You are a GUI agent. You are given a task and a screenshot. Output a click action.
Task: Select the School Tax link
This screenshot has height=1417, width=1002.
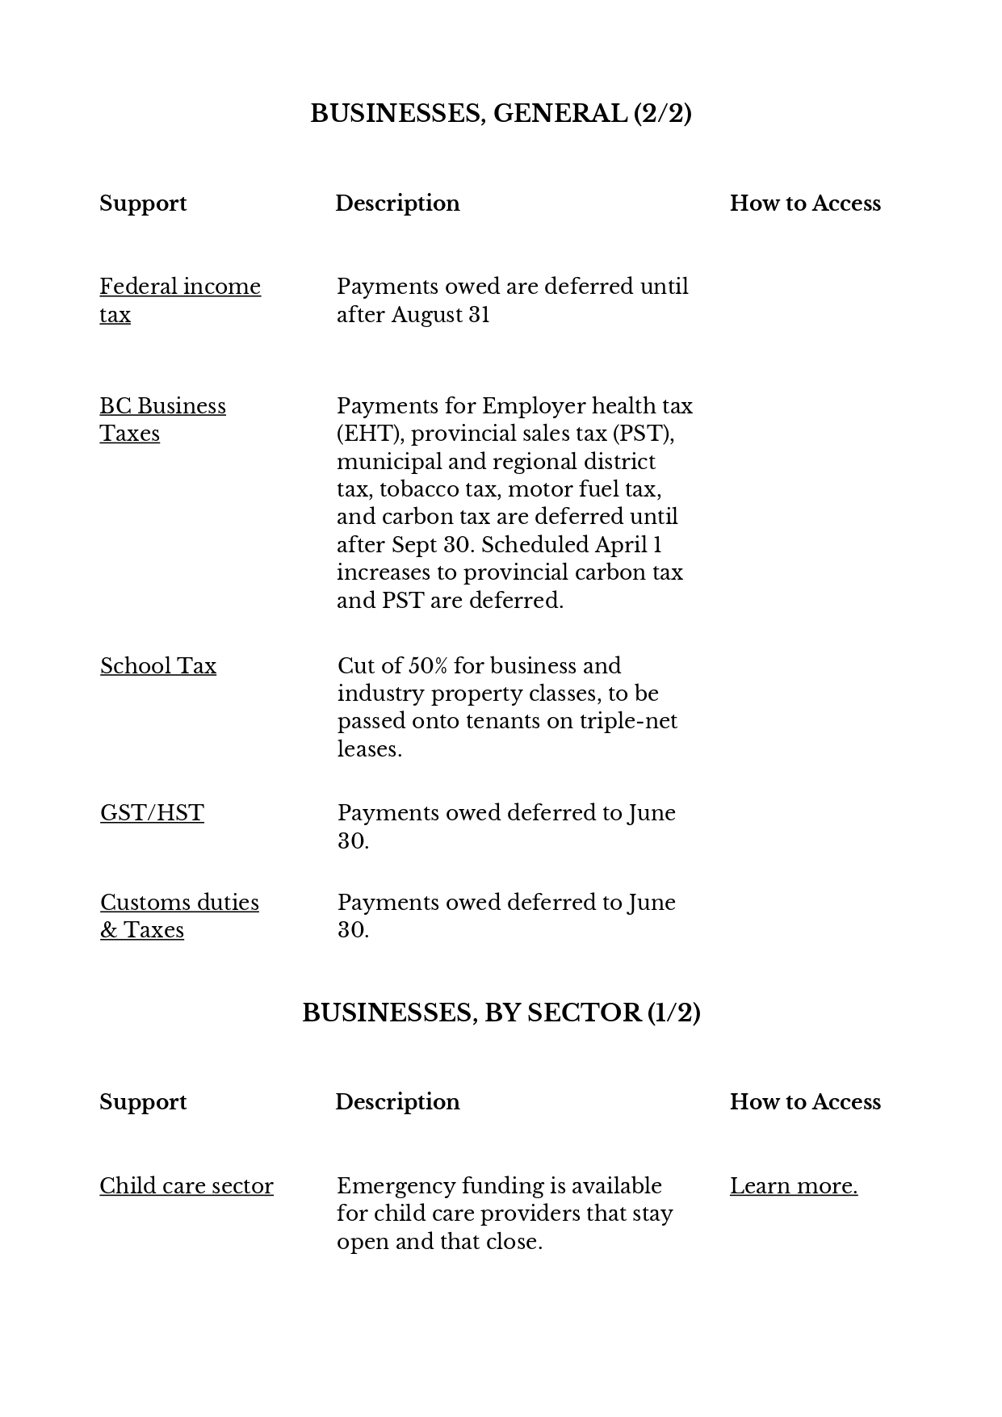pyautogui.click(x=158, y=666)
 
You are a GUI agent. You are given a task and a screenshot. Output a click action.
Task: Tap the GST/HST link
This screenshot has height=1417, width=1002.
pyautogui.click(x=152, y=813)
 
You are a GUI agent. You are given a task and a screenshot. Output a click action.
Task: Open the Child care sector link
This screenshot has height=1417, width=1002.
pyautogui.click(x=187, y=1186)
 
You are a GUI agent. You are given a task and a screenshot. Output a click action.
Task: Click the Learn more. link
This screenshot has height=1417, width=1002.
pyautogui.click(x=794, y=1186)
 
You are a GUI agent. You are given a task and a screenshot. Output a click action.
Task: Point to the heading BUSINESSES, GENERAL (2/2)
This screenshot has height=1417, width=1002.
pyautogui.click(x=501, y=114)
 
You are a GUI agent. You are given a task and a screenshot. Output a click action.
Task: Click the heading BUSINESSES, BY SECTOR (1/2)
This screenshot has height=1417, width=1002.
pyautogui.click(x=501, y=1013)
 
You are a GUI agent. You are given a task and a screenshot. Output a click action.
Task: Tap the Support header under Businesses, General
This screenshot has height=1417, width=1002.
pyautogui.click(x=143, y=203)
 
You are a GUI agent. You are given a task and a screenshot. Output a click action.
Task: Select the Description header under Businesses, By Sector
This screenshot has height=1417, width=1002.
pyautogui.click(x=397, y=1102)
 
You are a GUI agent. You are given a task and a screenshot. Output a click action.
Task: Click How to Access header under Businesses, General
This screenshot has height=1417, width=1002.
pyautogui.click(x=805, y=203)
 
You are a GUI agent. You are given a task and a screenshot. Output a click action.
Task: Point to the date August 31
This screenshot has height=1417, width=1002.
pyautogui.click(x=441, y=315)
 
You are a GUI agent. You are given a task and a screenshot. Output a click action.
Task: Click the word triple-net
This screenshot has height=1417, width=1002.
pyautogui.click(x=628, y=721)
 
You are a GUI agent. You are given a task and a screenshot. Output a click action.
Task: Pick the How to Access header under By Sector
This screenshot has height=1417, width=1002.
pyautogui.click(x=805, y=1102)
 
